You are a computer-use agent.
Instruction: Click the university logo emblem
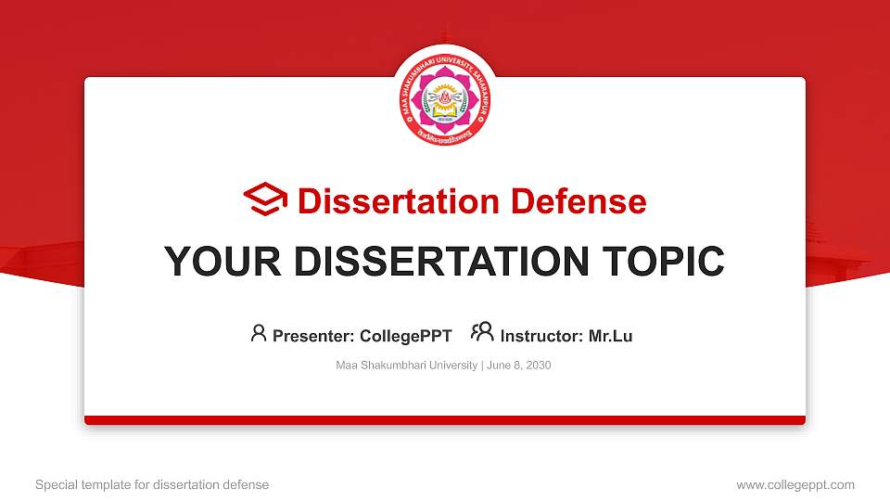tap(444, 96)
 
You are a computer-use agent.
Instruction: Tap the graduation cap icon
tap(265, 199)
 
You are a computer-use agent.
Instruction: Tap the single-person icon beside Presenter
tap(259, 333)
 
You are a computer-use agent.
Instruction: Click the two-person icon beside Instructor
tap(482, 333)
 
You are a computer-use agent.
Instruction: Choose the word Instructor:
tap(541, 336)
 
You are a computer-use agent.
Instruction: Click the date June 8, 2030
tap(518, 366)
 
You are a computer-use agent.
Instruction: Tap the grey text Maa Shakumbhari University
tap(406, 366)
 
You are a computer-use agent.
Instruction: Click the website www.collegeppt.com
tap(795, 484)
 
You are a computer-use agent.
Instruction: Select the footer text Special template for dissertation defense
tap(152, 484)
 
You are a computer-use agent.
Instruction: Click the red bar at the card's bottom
tap(444, 420)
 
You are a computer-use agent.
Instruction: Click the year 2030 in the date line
tap(538, 366)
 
